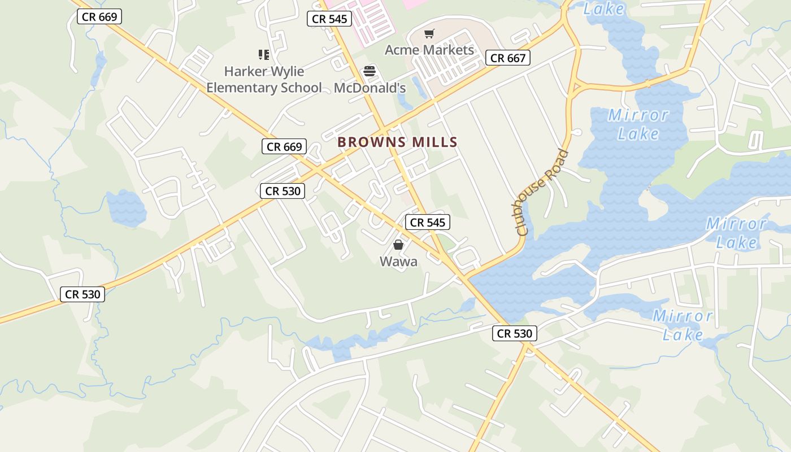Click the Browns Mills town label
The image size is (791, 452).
click(397, 142)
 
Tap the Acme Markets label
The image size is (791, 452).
click(429, 50)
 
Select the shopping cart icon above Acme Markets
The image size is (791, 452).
click(429, 34)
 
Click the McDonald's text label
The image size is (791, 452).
click(370, 88)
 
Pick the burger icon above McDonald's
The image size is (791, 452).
click(370, 71)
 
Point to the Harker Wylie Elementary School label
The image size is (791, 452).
click(264, 80)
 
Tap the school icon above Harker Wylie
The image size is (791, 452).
click(264, 55)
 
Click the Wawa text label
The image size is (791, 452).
click(398, 261)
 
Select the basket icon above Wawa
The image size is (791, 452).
click(398, 245)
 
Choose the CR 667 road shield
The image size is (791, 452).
click(508, 58)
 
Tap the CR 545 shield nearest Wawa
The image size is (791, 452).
click(428, 223)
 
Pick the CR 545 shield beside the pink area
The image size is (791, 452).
click(330, 19)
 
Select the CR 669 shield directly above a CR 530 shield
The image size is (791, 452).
click(285, 147)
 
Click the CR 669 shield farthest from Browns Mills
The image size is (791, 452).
click(99, 16)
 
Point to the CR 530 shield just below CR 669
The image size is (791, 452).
click(283, 191)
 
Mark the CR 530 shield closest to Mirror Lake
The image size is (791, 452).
click(515, 333)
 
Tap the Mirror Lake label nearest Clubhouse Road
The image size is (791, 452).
click(638, 124)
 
